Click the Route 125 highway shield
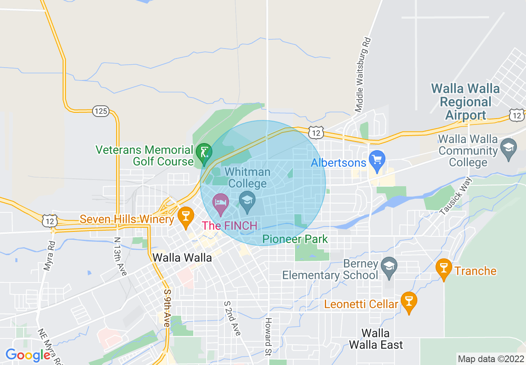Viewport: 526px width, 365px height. pos(101,111)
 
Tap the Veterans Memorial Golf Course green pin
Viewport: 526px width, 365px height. pos(204,153)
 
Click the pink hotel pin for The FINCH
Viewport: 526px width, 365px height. pos(221,203)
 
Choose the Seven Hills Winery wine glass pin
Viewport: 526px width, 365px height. pos(185,216)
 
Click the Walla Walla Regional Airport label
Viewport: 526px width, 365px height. pos(465,102)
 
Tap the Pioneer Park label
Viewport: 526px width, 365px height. pos(295,239)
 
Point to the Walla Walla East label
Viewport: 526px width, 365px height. pos(376,339)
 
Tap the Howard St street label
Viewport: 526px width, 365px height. pos(268,337)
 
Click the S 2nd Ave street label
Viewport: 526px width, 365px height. pos(232,318)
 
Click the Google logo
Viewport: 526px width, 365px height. pos(28,355)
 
